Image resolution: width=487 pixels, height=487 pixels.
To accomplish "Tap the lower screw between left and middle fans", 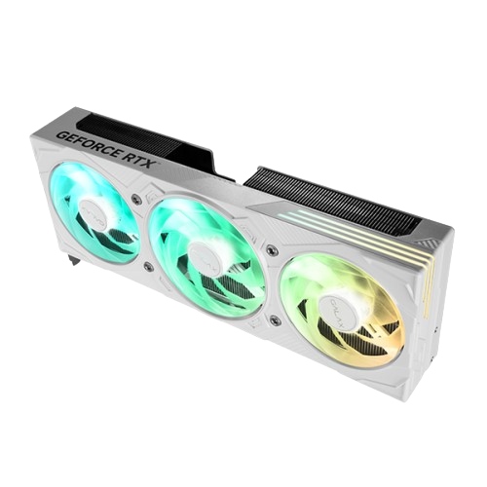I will tap(146, 265).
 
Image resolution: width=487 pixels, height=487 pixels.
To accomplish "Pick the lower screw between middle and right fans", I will tap(274, 319).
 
